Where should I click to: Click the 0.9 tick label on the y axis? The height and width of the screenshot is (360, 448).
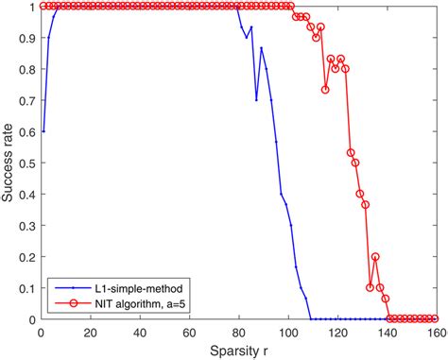tap(27, 37)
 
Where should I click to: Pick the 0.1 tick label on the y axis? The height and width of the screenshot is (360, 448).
tap(27, 288)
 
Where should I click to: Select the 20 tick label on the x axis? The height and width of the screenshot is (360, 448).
tap(90, 333)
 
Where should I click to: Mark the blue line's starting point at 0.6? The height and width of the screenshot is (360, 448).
tap(43, 130)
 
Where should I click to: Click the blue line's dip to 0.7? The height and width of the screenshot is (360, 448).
tap(256, 99)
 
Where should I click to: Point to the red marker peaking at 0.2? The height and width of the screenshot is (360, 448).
tap(375, 256)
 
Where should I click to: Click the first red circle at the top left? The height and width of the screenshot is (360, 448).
tap(43, 6)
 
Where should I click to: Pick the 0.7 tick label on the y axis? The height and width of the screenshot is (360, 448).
tap(27, 99)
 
